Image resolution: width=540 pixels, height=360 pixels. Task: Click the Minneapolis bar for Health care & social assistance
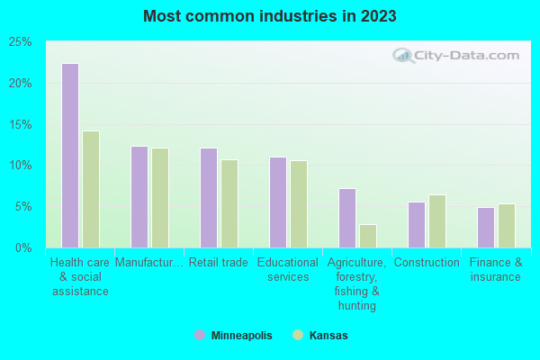coord(70,156)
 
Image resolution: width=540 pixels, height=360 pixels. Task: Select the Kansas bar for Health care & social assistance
coord(91,189)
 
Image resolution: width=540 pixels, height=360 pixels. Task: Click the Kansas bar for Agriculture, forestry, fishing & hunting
coord(368,236)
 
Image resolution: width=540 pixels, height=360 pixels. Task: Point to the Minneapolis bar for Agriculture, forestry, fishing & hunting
coord(347,218)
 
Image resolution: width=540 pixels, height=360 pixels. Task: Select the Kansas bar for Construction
coord(437,220)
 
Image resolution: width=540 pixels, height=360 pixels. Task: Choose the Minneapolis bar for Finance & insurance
coord(486,227)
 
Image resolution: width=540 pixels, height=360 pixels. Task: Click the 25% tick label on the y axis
coord(20,42)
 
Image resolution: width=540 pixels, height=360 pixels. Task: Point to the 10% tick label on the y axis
coord(20,166)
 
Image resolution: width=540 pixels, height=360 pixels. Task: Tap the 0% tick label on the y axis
coord(23,247)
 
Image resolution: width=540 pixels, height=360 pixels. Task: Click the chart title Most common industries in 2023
coord(270,16)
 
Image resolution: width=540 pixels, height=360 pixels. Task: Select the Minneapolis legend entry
coord(233,336)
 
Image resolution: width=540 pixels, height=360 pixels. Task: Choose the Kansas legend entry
coord(320,336)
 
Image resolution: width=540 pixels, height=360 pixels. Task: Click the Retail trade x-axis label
coord(218,263)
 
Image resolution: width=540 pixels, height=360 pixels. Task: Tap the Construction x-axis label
coord(427,263)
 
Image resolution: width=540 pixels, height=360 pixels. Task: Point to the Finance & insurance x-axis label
coord(495,269)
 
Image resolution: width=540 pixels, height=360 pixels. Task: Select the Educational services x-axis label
coord(288,269)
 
